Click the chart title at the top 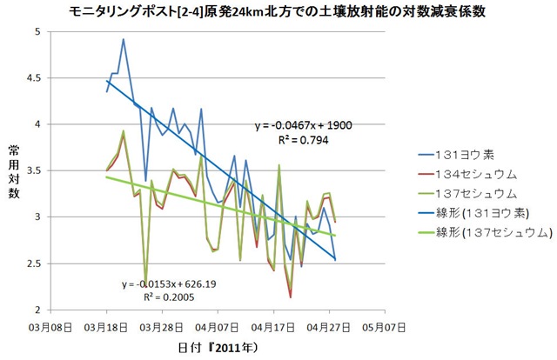tap(278, 12)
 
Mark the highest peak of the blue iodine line tap(124, 39)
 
